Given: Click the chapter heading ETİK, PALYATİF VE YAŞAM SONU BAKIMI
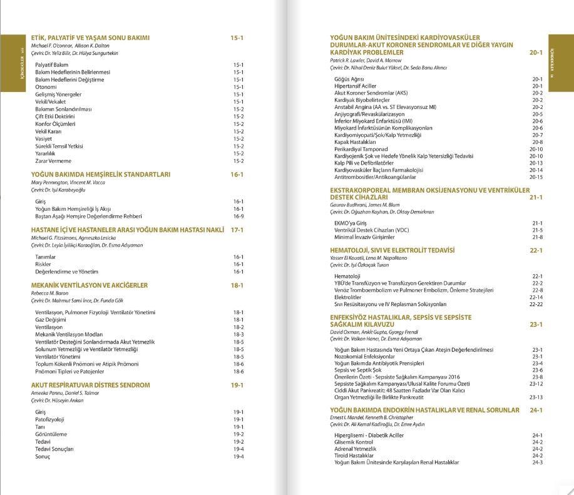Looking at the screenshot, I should click(90, 38).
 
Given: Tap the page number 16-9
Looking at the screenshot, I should click(238, 216).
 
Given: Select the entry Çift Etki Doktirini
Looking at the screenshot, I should click(55, 116).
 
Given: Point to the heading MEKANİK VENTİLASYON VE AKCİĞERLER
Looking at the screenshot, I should click(90, 285).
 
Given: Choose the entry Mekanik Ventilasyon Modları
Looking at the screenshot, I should click(69, 334).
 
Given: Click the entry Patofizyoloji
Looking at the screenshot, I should click(50, 419).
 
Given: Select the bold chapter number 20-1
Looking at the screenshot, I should click(535, 53).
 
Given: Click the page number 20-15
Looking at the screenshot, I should click(536, 177).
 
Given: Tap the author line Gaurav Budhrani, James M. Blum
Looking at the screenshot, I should click(364, 205).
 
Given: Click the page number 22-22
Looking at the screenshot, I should click(536, 304).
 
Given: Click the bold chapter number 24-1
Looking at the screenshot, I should click(535, 411).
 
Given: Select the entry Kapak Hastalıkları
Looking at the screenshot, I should click(355, 142).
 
